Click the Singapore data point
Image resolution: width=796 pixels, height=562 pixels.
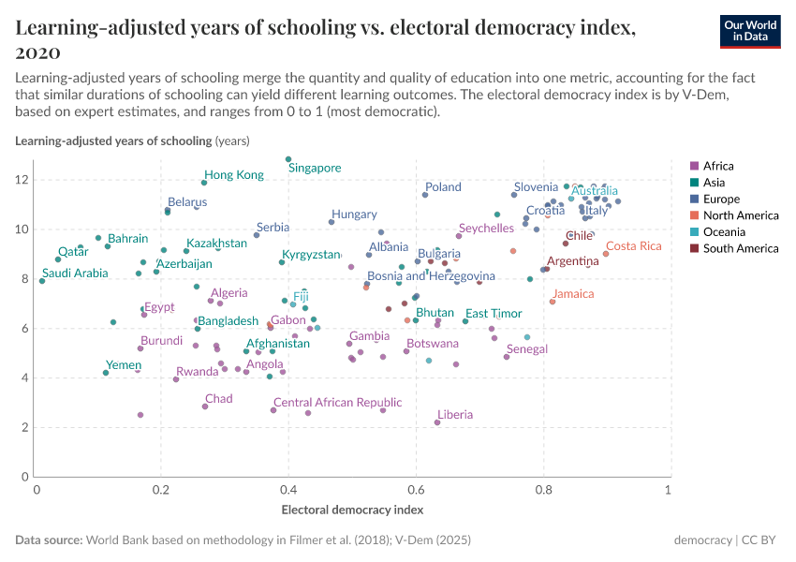coord(288,159)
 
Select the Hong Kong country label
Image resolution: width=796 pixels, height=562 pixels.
coord(234,175)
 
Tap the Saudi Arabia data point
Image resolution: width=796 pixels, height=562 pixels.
coord(42,280)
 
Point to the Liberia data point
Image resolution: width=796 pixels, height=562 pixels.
coord(437,422)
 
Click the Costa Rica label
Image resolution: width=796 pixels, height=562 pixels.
coord(633,246)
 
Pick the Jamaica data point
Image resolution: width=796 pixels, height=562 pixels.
coord(553,302)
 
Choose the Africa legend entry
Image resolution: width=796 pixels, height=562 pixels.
coord(717,166)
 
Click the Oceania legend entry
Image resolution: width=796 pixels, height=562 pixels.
coord(723,231)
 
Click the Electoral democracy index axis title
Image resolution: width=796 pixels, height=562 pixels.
coord(352,510)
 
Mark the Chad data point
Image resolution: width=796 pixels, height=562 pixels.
coord(205,407)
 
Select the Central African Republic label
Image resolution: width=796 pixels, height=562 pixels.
coord(337,403)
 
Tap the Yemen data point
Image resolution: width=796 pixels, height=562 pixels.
coord(106,373)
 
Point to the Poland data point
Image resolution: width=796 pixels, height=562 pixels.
coord(425,195)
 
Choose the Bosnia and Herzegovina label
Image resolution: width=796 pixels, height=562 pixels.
coord(431,276)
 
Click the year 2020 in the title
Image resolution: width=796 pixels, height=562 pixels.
coord(38,52)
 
